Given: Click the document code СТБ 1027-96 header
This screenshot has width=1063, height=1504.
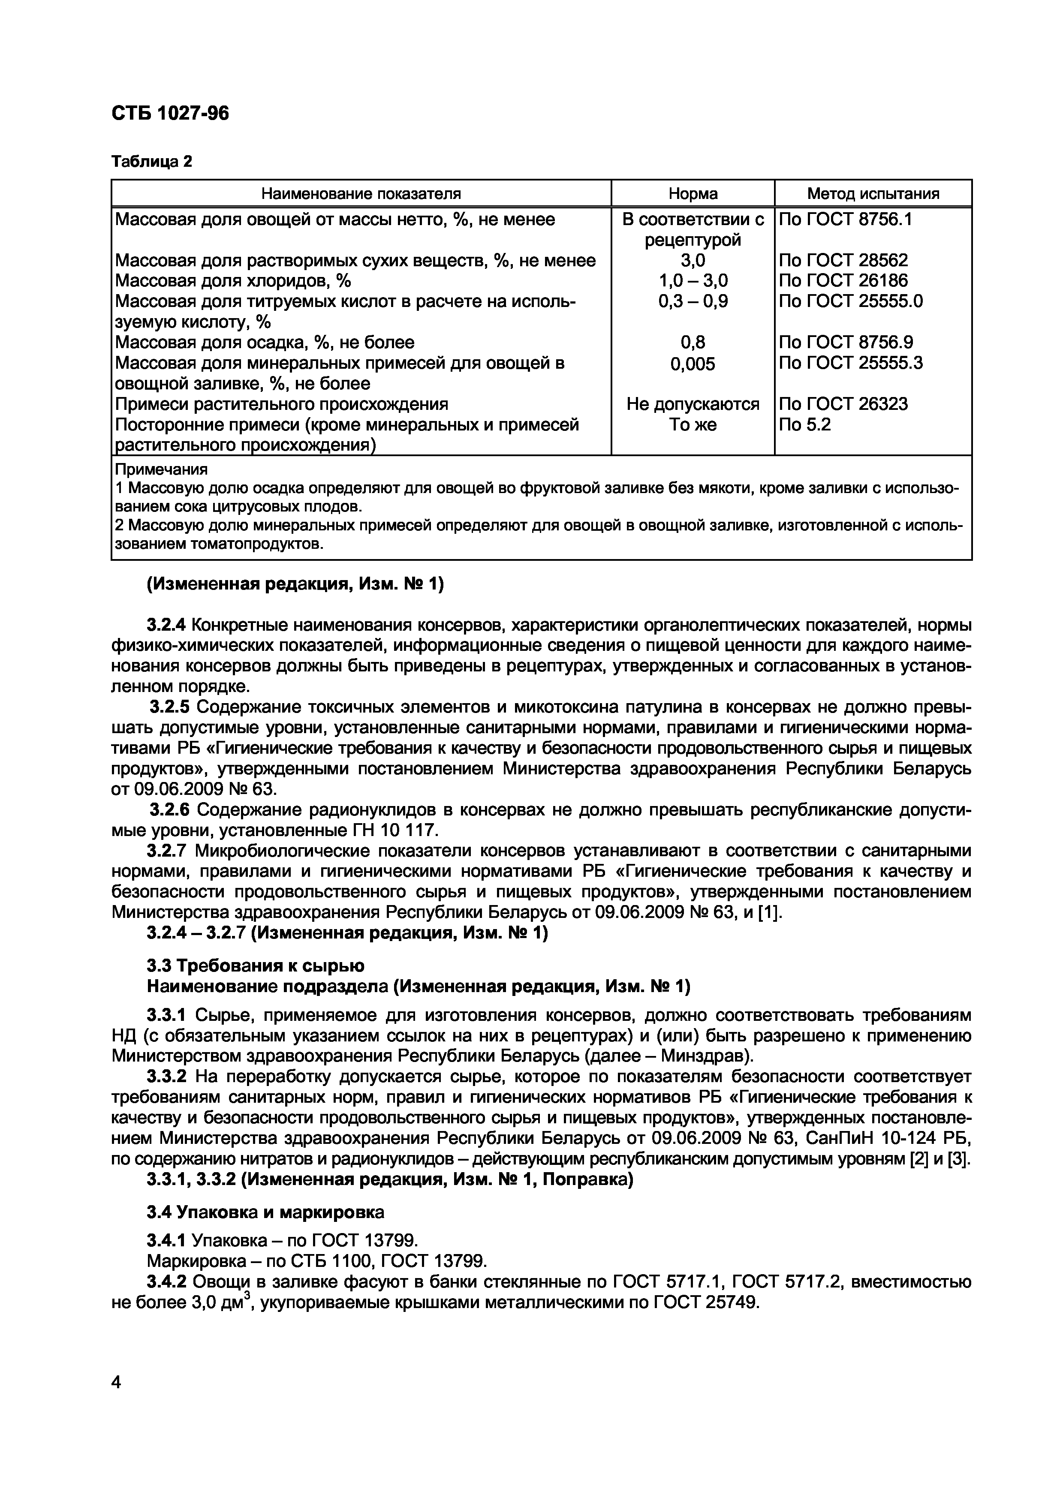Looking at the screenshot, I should (170, 114).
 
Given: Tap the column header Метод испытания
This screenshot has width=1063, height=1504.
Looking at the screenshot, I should (873, 194).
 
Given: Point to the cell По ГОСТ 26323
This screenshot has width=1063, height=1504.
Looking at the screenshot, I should (843, 404).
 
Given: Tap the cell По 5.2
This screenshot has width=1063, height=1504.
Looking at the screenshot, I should (804, 425).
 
